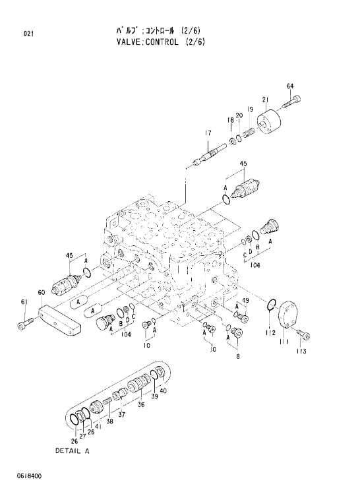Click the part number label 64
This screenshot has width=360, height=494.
tap(290, 86)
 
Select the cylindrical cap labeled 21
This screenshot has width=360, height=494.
tap(268, 123)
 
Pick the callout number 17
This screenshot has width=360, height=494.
tap(208, 133)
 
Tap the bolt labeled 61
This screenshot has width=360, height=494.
tap(25, 323)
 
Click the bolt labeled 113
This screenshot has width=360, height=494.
tap(303, 334)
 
